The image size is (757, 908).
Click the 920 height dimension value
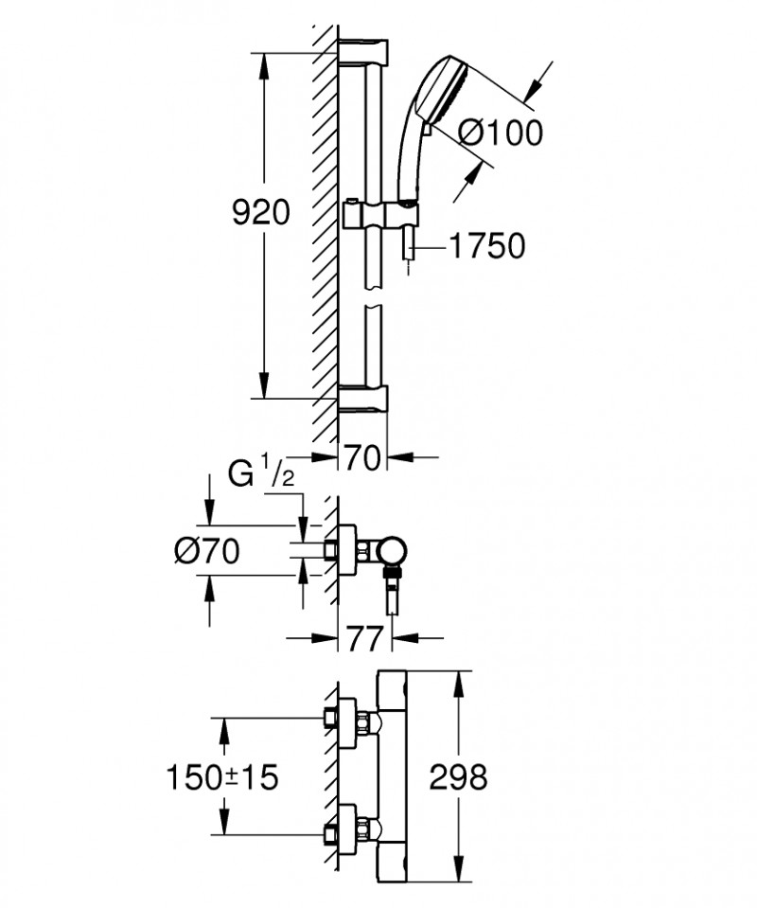pos(261,213)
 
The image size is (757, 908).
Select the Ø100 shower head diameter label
pos(502,134)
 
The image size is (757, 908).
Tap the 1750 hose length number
pos(486,247)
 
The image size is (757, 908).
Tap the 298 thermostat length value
pos(458,778)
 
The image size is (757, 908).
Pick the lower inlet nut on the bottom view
pos(330,834)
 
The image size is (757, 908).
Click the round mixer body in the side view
pos(392,550)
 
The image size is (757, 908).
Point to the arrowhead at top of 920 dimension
pos(265,60)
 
